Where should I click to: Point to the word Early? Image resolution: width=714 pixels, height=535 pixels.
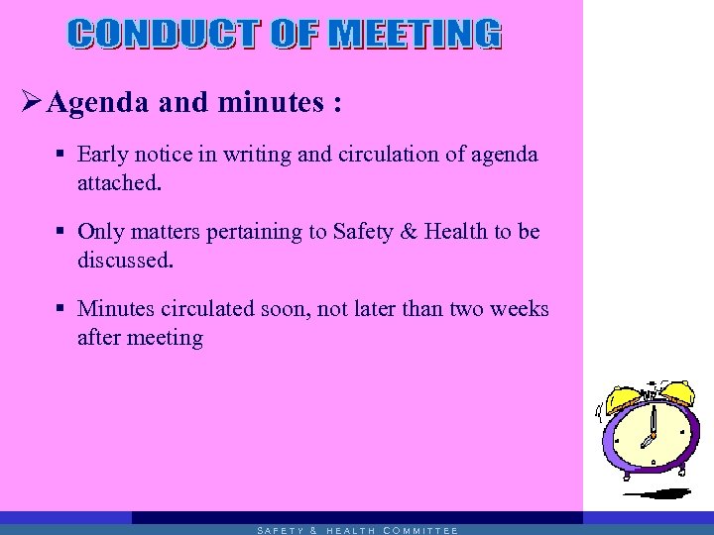click(x=100, y=155)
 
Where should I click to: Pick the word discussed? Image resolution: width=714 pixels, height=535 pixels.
click(x=125, y=261)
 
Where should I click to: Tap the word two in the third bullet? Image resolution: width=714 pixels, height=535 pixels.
click(x=466, y=309)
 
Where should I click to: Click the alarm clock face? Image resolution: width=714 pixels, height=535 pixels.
click(x=652, y=437)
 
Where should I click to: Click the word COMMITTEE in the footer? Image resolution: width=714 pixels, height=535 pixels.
click(x=419, y=530)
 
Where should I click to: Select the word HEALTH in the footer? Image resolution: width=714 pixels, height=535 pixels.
click(x=350, y=530)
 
